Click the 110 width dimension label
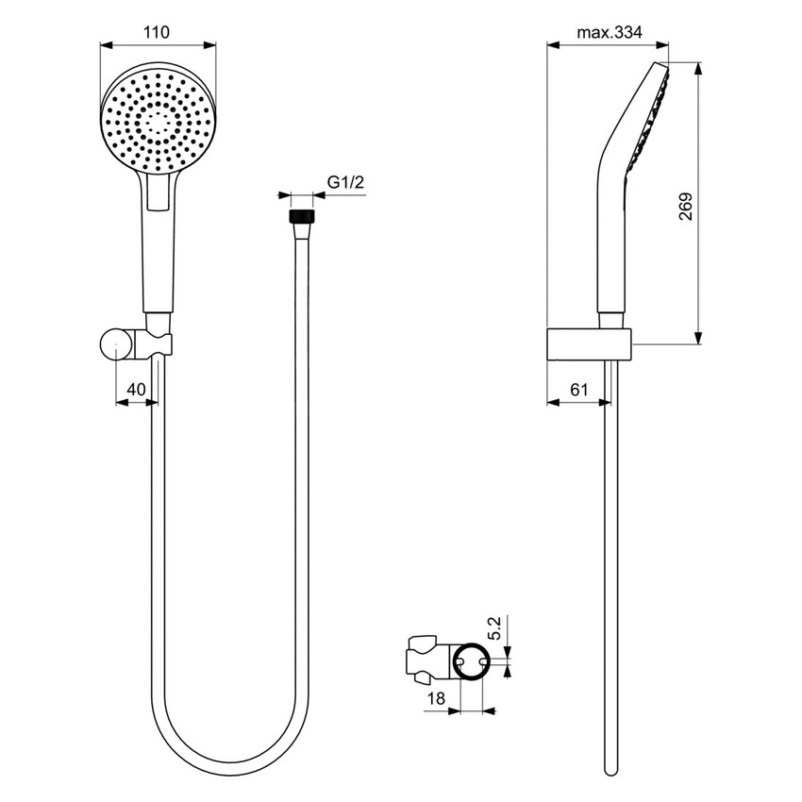(157, 32)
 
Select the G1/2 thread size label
(345, 185)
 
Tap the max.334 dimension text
(609, 32)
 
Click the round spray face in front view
(158, 119)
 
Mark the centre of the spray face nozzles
(158, 119)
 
